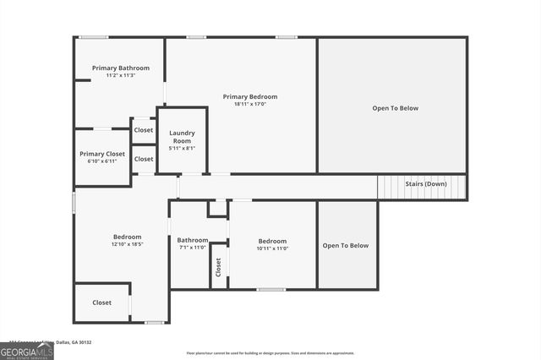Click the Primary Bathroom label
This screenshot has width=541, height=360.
(121, 68)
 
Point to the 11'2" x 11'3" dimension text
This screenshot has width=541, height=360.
(121, 75)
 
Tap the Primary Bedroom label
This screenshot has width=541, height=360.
(249, 96)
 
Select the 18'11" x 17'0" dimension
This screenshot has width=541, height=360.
(249, 105)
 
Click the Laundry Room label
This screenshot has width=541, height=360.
(183, 136)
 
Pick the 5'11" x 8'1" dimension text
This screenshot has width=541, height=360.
(183, 148)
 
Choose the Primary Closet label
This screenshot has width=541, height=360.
(102, 154)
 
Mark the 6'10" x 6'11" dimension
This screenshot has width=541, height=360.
(102, 161)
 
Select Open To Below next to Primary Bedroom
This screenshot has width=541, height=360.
(395, 108)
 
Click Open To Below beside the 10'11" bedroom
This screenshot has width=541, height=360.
(346, 245)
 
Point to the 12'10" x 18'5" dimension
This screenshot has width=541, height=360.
(128, 244)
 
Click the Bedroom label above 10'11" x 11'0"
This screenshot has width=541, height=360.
(272, 241)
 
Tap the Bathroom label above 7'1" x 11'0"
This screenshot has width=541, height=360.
(193, 240)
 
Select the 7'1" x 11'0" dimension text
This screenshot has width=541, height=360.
(193, 248)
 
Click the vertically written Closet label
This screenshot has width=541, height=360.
(218, 267)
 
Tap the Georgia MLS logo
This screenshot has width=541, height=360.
(27, 351)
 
